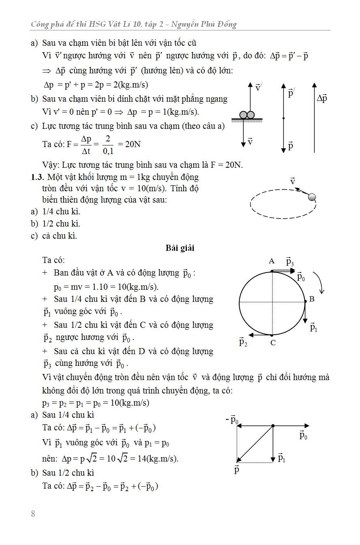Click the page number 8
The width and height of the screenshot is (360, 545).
[33, 514]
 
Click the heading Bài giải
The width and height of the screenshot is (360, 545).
[180, 248]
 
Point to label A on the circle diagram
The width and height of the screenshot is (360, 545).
[272, 261]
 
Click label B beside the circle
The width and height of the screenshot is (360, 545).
[312, 299]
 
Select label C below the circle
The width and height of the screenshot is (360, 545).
[273, 343]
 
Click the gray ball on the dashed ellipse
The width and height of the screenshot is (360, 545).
[312, 197]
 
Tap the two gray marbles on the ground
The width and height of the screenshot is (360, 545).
[247, 115]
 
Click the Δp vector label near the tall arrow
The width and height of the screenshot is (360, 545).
[322, 98]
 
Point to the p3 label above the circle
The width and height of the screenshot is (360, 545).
[289, 262]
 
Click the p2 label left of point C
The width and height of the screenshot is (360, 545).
[243, 342]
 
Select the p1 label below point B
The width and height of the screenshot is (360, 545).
[313, 327]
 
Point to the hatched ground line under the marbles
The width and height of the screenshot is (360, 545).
[247, 120]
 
